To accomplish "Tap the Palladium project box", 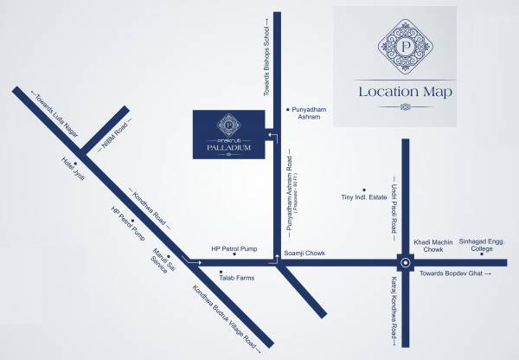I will (x=227, y=134).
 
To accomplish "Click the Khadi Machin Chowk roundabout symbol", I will (x=404, y=260).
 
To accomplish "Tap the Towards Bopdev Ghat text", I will (x=457, y=273).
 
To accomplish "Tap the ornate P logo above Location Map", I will (x=405, y=45).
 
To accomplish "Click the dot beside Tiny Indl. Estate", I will (x=364, y=189).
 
